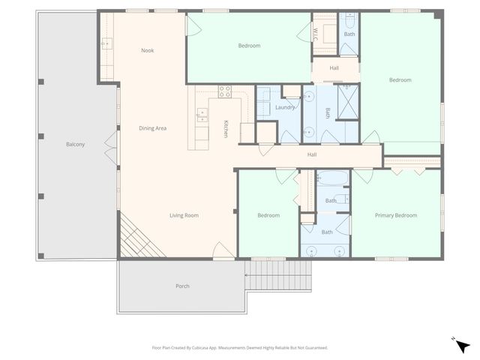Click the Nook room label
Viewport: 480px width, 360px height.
coord(148,51)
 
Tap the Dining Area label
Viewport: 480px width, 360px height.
coord(152,128)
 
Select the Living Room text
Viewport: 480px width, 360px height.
coord(184,216)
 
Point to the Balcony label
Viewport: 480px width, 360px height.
coord(75,144)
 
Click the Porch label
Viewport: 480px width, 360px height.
coord(182,286)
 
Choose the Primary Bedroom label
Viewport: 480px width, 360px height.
coord(395,215)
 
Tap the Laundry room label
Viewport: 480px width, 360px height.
coord(285,107)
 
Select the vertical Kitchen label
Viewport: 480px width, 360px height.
coord(226,128)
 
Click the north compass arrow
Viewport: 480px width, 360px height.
coord(463,346)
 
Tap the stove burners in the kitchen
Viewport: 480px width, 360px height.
coord(223,91)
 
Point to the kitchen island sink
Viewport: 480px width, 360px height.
coord(202,115)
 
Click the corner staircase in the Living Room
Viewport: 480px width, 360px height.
coord(134,235)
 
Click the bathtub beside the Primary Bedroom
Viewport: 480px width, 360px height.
coord(332,178)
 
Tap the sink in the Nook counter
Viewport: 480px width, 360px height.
coord(106,43)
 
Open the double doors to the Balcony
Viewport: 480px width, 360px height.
coord(112,140)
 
